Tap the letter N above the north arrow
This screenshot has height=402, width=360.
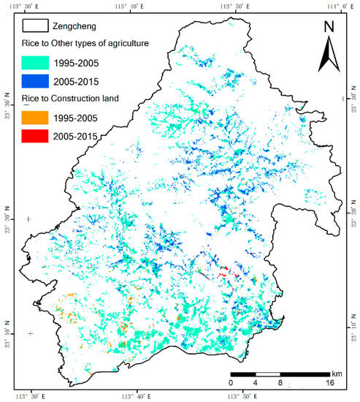click(x=329, y=28)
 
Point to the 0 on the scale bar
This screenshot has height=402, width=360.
click(x=231, y=382)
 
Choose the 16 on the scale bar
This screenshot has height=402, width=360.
click(x=329, y=382)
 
